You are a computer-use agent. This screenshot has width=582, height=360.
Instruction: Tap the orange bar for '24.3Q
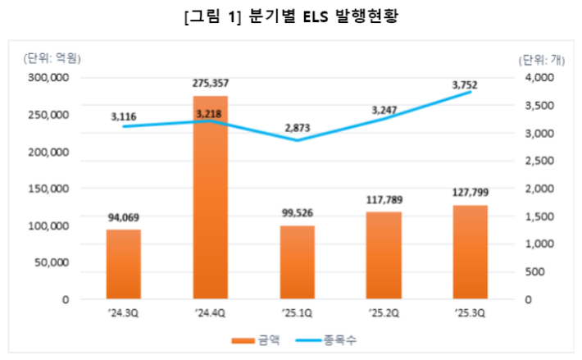click(124, 264)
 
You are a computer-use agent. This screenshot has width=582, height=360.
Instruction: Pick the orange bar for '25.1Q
click(298, 262)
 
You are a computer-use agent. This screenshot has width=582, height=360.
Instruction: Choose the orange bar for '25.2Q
click(384, 255)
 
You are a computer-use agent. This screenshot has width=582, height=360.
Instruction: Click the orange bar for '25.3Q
click(471, 252)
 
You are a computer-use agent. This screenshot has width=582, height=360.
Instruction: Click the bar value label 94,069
click(124, 217)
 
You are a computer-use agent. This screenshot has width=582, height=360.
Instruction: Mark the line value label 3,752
click(471, 84)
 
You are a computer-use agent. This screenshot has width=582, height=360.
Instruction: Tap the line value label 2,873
click(298, 128)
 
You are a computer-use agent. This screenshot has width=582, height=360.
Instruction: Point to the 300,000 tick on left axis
click(50, 78)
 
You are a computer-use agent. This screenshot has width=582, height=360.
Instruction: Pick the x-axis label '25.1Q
click(298, 312)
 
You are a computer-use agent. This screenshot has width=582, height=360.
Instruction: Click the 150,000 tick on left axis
click(50, 189)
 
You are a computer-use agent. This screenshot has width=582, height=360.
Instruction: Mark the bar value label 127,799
click(471, 194)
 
